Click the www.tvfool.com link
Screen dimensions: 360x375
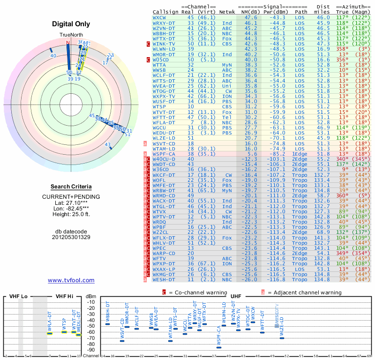point(71,280)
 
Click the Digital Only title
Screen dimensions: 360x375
point(71,24)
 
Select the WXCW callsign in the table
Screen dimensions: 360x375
point(159,17)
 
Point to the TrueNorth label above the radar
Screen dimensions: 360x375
point(71,36)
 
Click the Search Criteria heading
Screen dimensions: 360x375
point(71,187)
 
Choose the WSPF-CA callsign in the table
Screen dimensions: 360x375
point(164,154)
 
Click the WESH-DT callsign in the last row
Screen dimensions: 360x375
point(164,280)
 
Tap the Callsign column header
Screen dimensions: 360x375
point(166,12)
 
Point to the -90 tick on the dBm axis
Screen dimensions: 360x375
point(90,350)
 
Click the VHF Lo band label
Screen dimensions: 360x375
point(17,296)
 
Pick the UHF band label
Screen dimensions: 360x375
point(236,296)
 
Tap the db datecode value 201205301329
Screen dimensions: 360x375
point(71,237)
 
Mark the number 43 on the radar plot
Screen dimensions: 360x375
point(107,145)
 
